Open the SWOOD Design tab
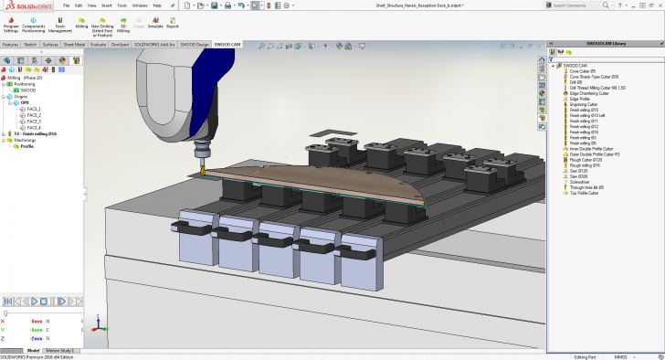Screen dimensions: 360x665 pyautogui.click(x=195, y=44)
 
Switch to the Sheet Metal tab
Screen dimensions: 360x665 pyautogui.click(x=73, y=44)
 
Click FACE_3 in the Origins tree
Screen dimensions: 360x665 pyautogui.click(x=34, y=121)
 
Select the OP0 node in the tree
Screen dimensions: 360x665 pyautogui.click(x=26, y=103)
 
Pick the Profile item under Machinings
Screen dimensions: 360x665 pyautogui.click(x=26, y=146)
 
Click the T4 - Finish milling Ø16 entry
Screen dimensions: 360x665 pyautogui.click(x=35, y=133)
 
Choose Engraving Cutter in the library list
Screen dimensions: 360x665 pyautogui.click(x=583, y=104)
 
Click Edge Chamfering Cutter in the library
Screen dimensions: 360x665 pyautogui.click(x=588, y=93)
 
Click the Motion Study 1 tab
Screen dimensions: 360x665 pyautogui.click(x=61, y=350)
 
